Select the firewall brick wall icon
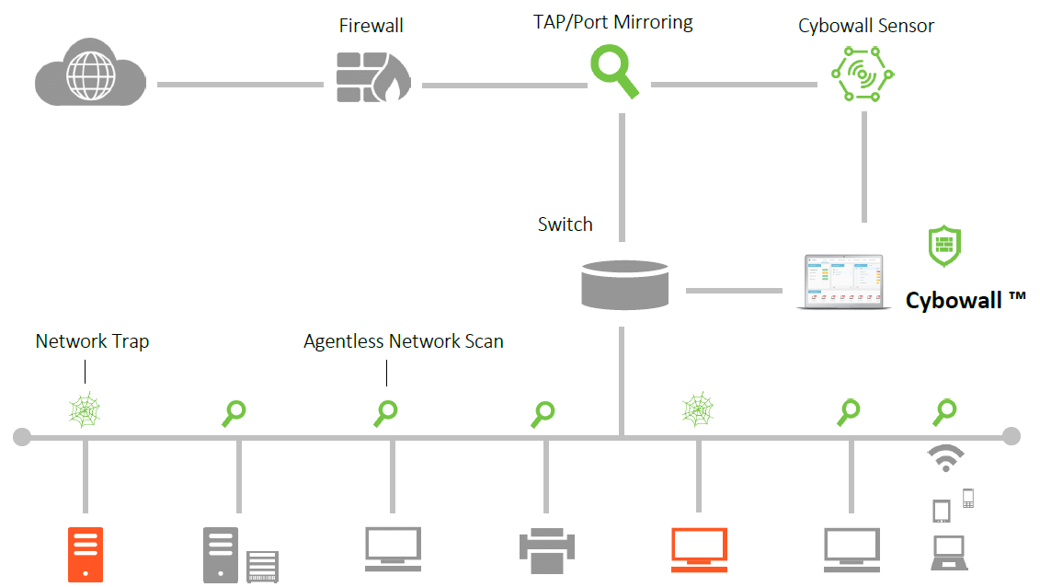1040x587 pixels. [x=372, y=76]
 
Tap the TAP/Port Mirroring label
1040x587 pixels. [x=613, y=22]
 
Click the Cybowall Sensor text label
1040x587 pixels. [x=865, y=26]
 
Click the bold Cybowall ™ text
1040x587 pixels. [x=965, y=300]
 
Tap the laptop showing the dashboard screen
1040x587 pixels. [x=843, y=282]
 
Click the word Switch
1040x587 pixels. [x=565, y=224]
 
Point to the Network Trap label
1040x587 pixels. [x=92, y=341]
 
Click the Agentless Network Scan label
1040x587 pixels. [x=404, y=341]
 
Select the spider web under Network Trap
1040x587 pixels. [x=86, y=409]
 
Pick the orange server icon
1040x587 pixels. [x=86, y=554]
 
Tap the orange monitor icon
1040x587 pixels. [x=699, y=549]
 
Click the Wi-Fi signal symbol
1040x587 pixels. [x=945, y=457]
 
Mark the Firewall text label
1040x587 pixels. [x=371, y=26]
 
